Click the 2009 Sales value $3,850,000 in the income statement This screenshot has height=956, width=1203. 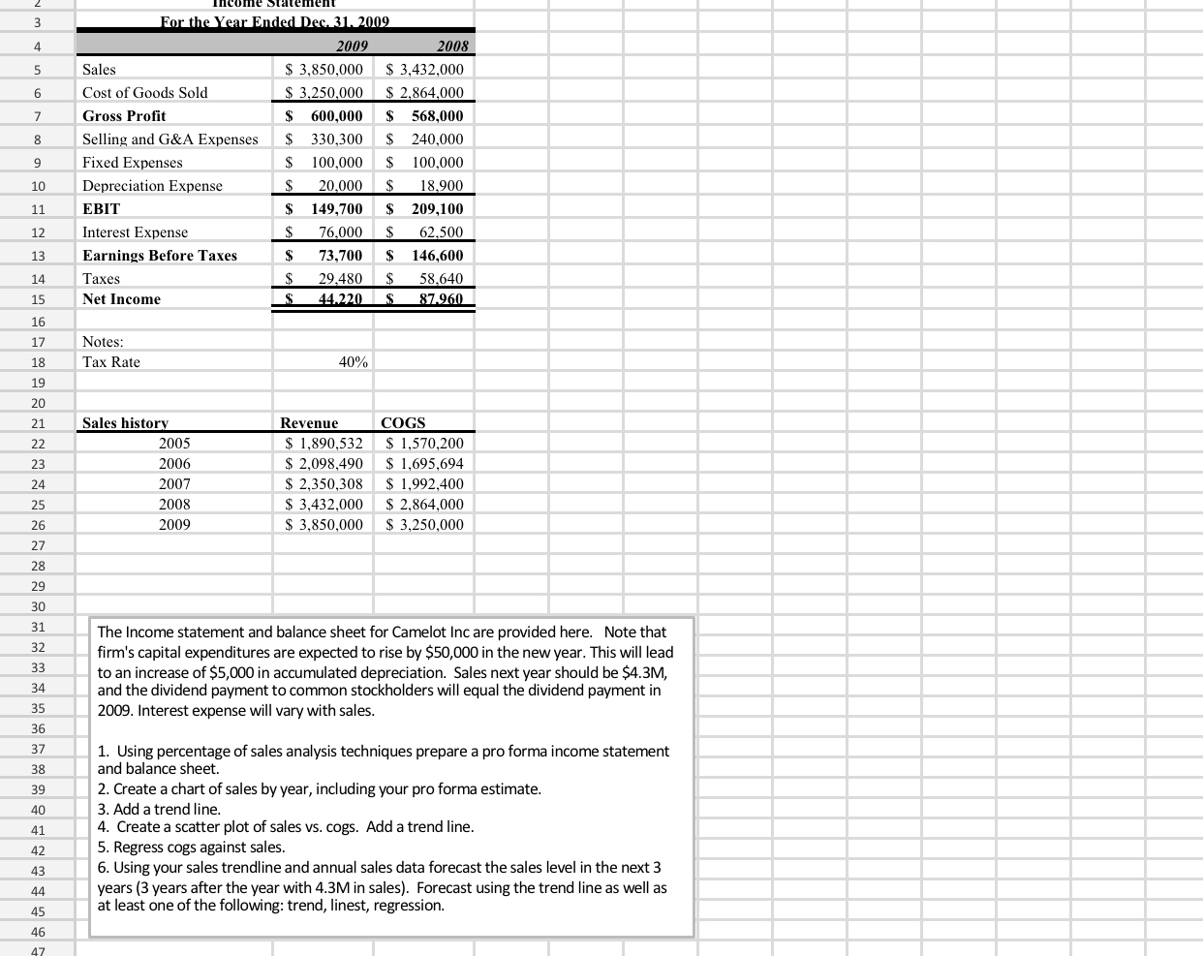[324, 70]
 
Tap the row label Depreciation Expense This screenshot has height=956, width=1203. [152, 186]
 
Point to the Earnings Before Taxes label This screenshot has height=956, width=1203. [160, 256]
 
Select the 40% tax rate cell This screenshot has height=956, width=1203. [353, 362]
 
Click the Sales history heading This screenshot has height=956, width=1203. [125, 423]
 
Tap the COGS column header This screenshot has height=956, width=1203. [403, 423]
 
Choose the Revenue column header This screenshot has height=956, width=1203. [309, 423]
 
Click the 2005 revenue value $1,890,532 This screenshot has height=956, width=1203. [324, 444]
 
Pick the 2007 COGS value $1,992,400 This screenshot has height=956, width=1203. [425, 484]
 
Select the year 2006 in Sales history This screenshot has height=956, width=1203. [174, 464]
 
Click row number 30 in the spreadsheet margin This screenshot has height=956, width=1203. [38, 606]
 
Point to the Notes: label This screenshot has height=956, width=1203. [103, 342]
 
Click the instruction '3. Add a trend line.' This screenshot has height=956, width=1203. [159, 809]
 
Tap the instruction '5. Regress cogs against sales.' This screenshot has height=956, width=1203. [191, 848]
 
